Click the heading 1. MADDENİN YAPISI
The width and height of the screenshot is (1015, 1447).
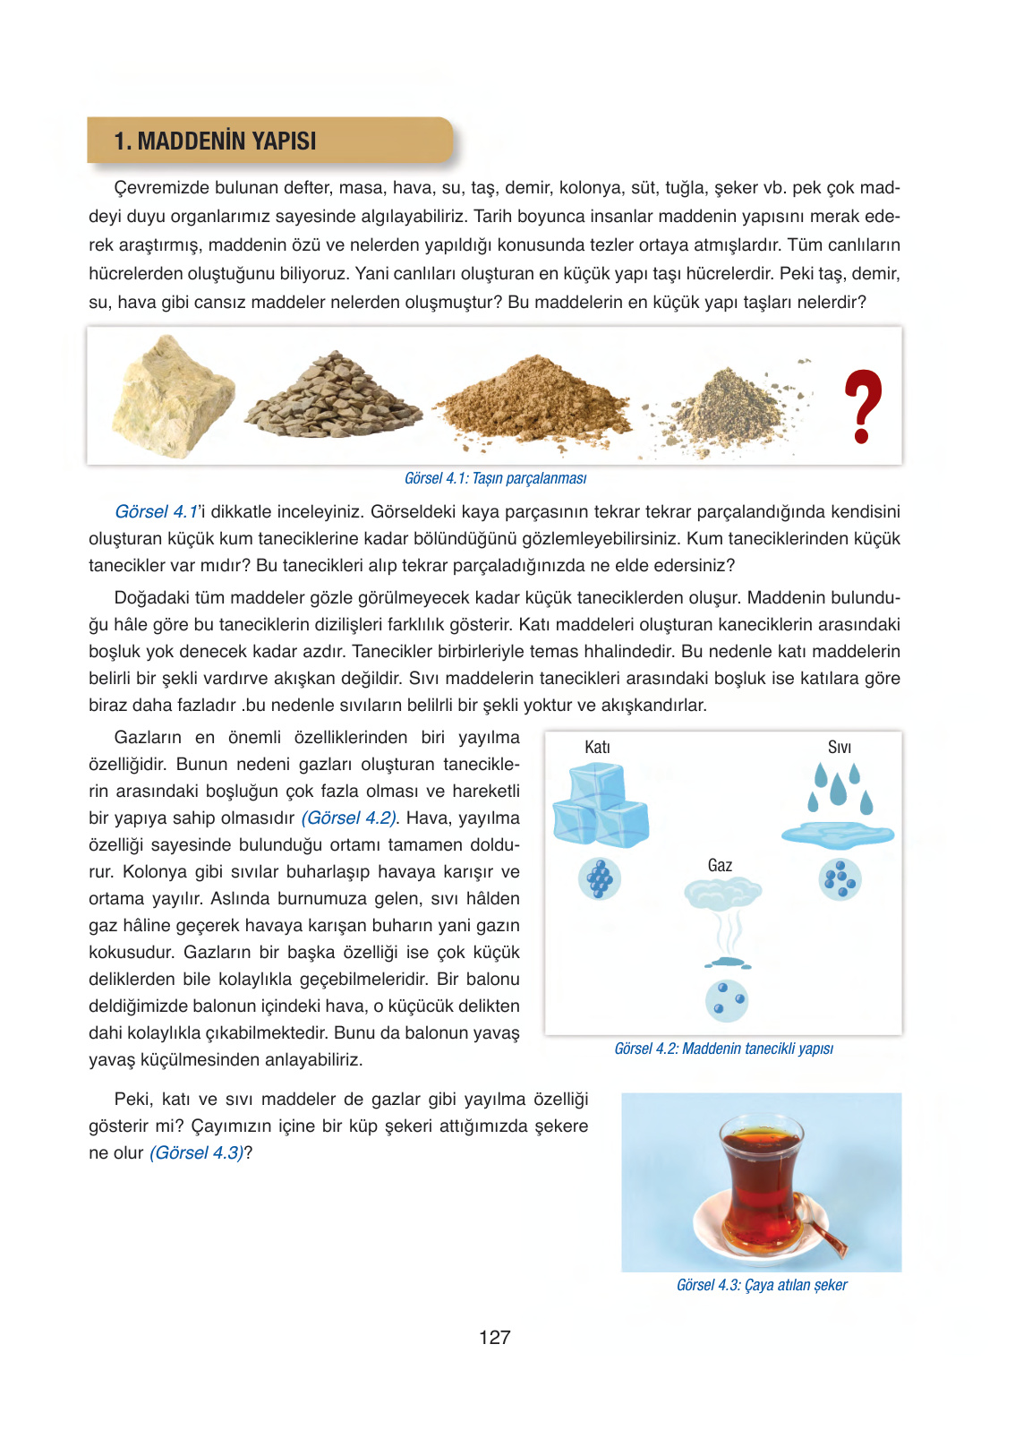coord(215,141)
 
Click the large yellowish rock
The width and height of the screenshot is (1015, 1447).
coord(171,397)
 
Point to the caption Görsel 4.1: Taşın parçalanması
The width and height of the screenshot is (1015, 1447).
coord(495,478)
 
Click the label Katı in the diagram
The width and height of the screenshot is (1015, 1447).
coord(597,747)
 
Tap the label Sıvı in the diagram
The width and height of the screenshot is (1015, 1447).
coord(839,747)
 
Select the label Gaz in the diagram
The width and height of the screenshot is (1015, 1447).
coord(720,865)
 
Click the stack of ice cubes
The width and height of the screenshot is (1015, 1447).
coord(599,805)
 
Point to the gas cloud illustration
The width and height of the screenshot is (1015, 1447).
coord(723,894)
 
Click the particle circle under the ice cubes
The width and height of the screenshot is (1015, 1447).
coord(600,878)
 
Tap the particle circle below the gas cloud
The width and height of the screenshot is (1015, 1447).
coord(726,1000)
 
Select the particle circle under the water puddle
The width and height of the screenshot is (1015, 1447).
coord(840,879)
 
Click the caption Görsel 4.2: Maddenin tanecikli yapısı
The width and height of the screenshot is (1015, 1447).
coord(723,1049)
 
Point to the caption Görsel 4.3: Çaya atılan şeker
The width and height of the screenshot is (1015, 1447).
coord(762,1285)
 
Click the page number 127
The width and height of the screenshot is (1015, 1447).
coord(494,1337)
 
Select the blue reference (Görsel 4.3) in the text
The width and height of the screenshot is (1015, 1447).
coord(196,1152)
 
